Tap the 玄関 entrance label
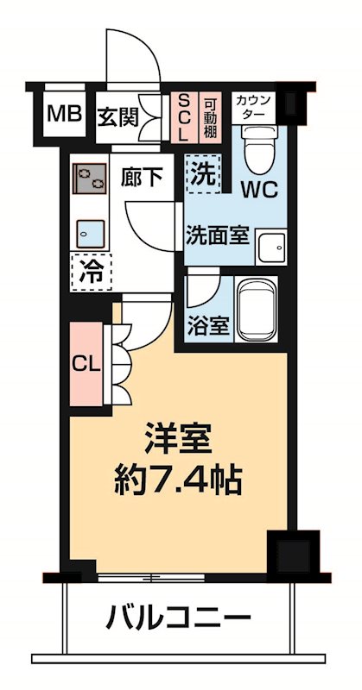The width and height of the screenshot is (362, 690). coord(116,115)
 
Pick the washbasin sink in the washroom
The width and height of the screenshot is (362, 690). coord(271,245)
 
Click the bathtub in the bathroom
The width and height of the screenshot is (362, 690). coord(257,312)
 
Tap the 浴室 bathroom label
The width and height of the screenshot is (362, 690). coord(208,327)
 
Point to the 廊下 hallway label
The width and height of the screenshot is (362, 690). coord(143,179)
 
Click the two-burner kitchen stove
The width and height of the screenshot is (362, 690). coord(88,179)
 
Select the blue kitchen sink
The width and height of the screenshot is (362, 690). coord(89,232)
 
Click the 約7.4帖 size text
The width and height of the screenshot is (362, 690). coord(178,478)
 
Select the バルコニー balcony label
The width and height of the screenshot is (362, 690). coord(179,618)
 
